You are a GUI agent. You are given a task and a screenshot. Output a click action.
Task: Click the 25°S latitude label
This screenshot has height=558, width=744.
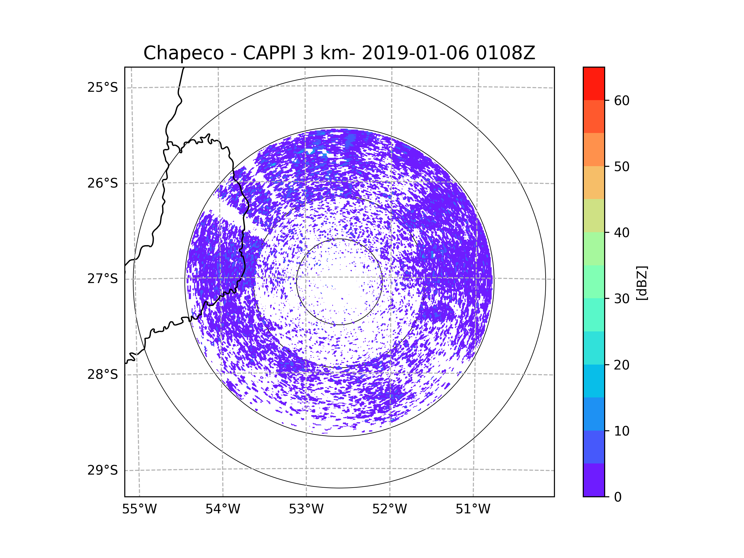coord(103,87)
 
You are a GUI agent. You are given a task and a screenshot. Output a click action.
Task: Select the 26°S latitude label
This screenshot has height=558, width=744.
coord(103,183)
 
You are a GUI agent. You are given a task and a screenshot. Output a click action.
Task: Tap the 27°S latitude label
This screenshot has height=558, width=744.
coord(103,279)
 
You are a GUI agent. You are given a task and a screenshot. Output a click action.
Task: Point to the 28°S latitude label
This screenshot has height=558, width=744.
coord(103,374)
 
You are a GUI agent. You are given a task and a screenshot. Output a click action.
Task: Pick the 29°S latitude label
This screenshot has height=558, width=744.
coord(103,470)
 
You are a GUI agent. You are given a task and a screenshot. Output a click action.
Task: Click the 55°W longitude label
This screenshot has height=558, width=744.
coord(139,509)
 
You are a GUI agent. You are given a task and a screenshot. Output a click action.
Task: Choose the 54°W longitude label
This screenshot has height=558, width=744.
coord(223,509)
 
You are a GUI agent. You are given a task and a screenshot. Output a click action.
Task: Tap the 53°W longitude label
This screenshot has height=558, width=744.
coord(306,509)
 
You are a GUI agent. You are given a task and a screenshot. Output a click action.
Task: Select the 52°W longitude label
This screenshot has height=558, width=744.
coord(389,509)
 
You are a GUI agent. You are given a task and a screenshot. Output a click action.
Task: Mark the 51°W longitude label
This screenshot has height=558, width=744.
coord(473,509)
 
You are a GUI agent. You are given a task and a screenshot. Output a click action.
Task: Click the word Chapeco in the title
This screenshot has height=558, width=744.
coord(183,53)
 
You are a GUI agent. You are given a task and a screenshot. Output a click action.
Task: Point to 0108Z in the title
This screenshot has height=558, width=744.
coord(505,53)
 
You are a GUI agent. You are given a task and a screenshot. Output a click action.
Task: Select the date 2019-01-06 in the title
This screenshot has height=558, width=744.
coord(415,53)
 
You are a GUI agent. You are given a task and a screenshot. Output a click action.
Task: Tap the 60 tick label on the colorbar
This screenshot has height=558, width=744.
coord(622,100)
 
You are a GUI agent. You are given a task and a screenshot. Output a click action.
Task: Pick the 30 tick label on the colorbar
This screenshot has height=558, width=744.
coord(622,299)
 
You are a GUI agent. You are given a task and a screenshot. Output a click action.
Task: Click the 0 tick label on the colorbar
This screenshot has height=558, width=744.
coord(618,497)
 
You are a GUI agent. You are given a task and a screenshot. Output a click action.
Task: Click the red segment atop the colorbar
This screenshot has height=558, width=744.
coord(594,83)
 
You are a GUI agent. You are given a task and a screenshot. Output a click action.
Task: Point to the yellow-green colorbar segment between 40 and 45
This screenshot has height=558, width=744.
coord(594,215)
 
